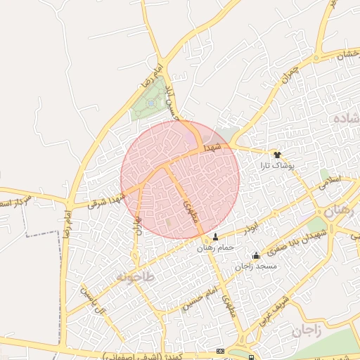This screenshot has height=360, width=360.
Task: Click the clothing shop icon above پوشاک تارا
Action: pos(277,153)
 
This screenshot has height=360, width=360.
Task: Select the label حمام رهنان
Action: pos(215,247)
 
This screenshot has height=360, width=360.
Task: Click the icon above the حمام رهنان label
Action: pos(215,237)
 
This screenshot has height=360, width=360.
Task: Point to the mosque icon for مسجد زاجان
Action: pos(255,256)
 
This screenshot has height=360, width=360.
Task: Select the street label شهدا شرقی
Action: pos(106,198)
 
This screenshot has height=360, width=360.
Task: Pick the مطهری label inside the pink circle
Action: pos(190,209)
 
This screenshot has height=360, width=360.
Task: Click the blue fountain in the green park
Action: pos(151,104)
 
